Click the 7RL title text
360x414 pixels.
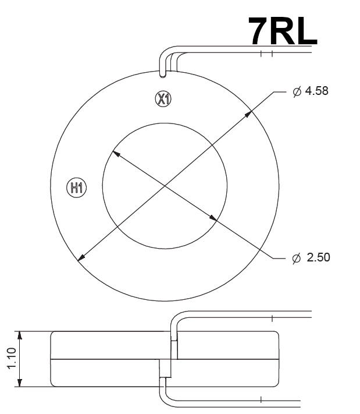pyautogui.click(x=283, y=30)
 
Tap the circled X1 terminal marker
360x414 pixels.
pyautogui.click(x=163, y=98)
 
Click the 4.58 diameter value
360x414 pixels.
pyautogui.click(x=317, y=91)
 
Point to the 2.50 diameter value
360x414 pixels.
pyautogui.click(x=318, y=257)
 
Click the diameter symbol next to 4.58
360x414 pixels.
pyautogui.click(x=297, y=91)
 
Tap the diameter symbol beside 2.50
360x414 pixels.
pyautogui.click(x=297, y=257)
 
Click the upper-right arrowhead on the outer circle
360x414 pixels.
pyautogui.click(x=248, y=113)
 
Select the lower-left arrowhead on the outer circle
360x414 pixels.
pyautogui.click(x=82, y=257)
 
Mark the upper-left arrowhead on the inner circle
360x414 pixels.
pyautogui.click(x=115, y=154)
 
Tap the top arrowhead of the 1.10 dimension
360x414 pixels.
pyautogui.click(x=20, y=335)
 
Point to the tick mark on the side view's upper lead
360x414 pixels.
pyautogui.click(x=272, y=318)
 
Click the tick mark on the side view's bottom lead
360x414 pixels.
pyautogui.click(x=261, y=400)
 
